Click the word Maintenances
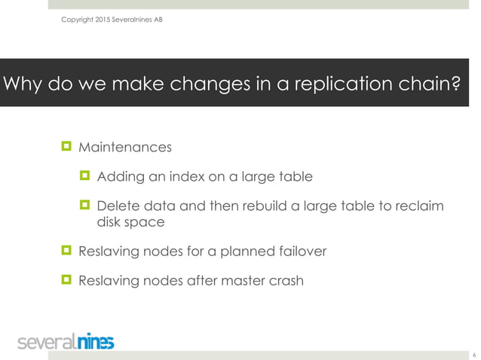tap(125, 146)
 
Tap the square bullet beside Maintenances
tap(66, 145)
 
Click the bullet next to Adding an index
tap(84, 176)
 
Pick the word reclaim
tap(418, 207)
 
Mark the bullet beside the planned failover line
tap(66, 250)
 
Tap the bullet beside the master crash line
tap(66, 280)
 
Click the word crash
tap(284, 282)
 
